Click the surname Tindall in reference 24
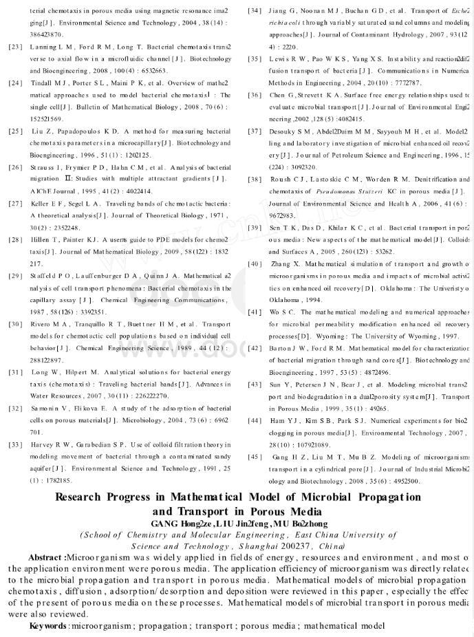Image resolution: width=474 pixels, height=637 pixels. [40, 83]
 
